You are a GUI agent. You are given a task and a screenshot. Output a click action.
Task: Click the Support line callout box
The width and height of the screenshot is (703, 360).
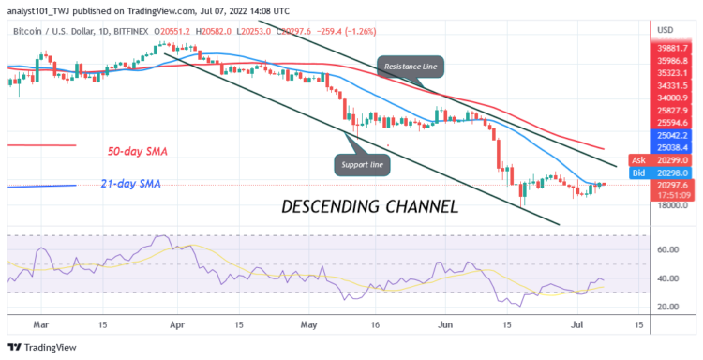[361, 165]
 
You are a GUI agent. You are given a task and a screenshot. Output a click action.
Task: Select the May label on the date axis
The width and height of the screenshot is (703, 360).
[308, 324]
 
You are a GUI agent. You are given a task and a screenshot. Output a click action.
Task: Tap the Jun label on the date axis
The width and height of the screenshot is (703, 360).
[443, 324]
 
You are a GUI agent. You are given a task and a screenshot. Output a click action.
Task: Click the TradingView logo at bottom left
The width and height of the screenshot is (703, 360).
[42, 347]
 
